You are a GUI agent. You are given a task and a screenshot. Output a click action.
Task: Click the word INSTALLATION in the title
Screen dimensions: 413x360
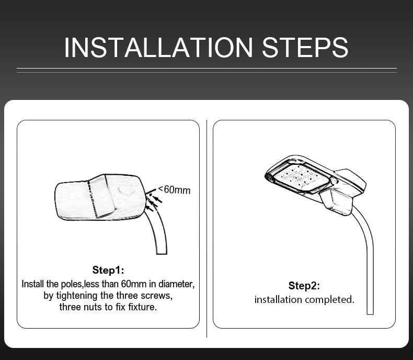pos(158,48)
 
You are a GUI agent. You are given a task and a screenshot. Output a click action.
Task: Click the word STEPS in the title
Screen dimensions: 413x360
pos(305,48)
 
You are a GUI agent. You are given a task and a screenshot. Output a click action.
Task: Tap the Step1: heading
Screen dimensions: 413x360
pos(108,270)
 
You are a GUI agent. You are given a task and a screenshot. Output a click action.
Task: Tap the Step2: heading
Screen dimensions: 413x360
pos(304,286)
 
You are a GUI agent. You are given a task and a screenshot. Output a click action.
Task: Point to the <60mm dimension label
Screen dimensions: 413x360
pos(174,189)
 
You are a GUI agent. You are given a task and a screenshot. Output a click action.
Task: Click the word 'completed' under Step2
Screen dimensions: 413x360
pos(329,300)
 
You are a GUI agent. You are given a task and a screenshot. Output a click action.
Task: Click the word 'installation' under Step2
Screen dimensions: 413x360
pos(278,300)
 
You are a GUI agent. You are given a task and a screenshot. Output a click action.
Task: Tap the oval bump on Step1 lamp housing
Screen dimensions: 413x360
pos(126,190)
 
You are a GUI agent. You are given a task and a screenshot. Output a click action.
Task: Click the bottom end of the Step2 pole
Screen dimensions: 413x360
pos(370,314)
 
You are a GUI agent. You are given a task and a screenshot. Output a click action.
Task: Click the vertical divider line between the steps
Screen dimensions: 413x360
pos(207,229)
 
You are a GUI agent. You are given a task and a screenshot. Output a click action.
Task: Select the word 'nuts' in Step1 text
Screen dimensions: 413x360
pos(93,307)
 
